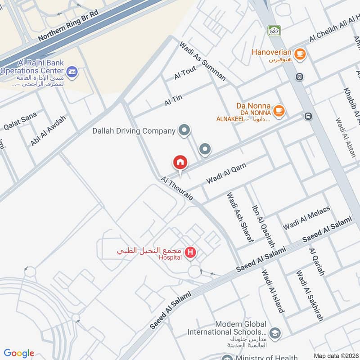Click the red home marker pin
click(x=180, y=162)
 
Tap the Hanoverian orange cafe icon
click(x=300, y=55)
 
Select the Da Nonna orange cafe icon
click(x=279, y=110)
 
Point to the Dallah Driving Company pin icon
click(x=184, y=131)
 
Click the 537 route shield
click(x=274, y=31)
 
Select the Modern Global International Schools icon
click(x=275, y=333)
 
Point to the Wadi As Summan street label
click(x=202, y=61)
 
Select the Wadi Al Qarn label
click(x=226, y=173)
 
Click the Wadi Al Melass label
click(x=306, y=217)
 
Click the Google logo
click(x=19, y=353)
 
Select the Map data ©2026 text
click(x=336, y=355)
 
